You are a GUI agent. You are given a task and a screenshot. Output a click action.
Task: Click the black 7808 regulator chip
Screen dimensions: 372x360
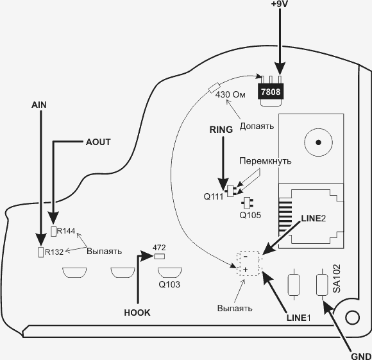(271, 91)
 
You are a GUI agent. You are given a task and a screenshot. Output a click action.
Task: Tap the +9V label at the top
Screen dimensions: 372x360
(279, 4)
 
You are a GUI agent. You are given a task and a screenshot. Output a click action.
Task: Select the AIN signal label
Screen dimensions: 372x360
(39, 105)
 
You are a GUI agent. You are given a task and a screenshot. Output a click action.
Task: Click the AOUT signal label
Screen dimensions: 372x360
(98, 142)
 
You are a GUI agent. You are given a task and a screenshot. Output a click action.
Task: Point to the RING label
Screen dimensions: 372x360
(221, 130)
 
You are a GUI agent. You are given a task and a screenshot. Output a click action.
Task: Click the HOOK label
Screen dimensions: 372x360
(137, 313)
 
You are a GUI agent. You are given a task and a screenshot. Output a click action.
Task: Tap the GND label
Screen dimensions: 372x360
(361, 356)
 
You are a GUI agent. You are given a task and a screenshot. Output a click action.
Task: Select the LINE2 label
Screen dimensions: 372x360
(314, 219)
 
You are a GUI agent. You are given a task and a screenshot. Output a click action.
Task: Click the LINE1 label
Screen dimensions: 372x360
(298, 318)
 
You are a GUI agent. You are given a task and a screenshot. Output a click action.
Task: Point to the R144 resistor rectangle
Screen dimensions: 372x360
(54, 232)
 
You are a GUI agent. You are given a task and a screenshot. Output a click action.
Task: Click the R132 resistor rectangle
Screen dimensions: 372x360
(41, 252)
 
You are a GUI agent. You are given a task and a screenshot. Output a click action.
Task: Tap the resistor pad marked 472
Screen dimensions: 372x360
(160, 257)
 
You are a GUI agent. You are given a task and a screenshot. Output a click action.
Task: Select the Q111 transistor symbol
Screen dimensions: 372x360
(230, 191)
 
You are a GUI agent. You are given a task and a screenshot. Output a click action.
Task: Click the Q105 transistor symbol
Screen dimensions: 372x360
(247, 203)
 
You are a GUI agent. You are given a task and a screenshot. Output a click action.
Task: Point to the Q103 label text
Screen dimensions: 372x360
(169, 284)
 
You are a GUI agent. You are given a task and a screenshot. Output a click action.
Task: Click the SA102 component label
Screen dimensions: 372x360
(337, 279)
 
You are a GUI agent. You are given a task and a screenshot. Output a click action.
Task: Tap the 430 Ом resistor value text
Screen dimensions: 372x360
(230, 94)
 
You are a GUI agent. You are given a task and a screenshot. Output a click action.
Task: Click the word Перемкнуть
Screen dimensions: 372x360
(266, 161)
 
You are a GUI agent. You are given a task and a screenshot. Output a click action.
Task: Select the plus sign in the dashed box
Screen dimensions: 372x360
(245, 270)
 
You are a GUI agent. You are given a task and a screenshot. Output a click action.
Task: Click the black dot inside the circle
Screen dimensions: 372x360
(318, 142)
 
